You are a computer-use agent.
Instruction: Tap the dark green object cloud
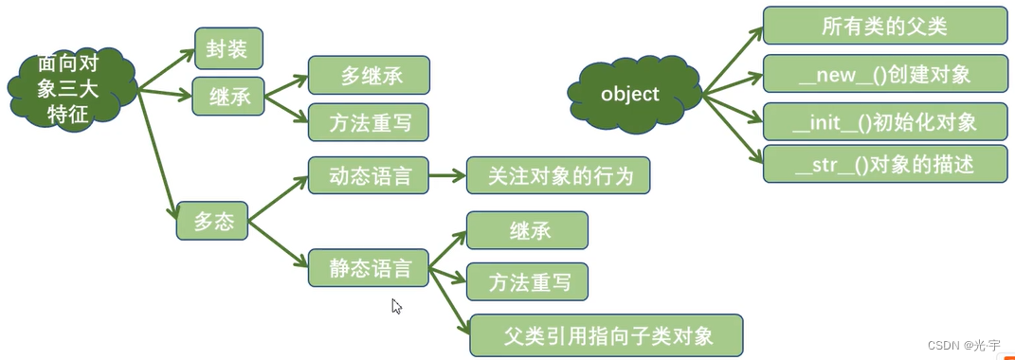point(630,95)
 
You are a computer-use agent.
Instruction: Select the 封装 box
point(227,48)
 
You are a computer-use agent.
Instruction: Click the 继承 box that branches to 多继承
point(227,97)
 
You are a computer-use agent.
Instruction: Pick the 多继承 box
point(368,76)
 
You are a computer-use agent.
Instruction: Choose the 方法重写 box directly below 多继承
point(368,122)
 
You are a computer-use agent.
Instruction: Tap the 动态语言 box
point(368,176)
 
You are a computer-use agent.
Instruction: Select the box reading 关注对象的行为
point(557,176)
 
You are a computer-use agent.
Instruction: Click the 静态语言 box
point(368,268)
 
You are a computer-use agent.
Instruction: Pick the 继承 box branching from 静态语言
point(527,230)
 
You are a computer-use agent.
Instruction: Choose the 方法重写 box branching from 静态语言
point(527,282)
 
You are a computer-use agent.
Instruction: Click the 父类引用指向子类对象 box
point(607,335)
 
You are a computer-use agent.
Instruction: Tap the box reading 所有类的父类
point(883,26)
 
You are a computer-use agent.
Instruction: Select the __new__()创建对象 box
point(883,74)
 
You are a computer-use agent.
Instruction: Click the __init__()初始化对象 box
point(883,122)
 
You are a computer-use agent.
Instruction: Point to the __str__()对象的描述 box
point(883,164)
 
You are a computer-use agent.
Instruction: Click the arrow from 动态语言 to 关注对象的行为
point(446,176)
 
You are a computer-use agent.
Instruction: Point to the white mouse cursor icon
point(396,306)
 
